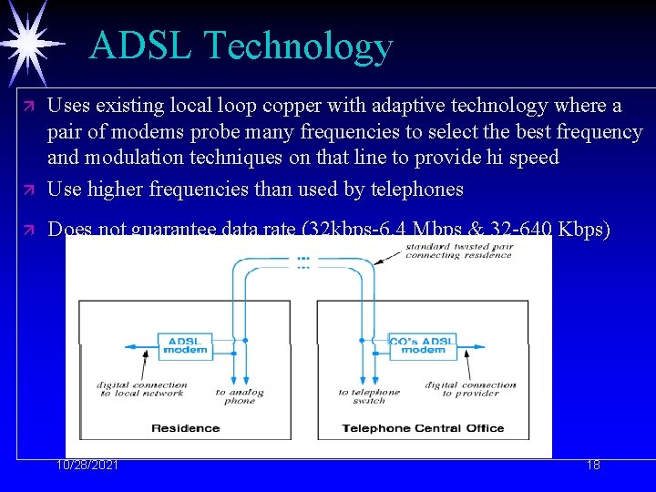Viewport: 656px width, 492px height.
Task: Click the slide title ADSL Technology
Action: click(241, 46)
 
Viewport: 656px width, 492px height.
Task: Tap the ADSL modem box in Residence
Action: click(185, 345)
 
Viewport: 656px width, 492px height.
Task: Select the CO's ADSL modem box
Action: click(422, 345)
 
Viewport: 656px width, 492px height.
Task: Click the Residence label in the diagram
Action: click(185, 428)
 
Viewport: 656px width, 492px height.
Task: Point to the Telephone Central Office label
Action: click(423, 428)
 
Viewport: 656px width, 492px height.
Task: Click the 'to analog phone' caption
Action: click(240, 396)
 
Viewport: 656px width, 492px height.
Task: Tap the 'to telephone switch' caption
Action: click(369, 396)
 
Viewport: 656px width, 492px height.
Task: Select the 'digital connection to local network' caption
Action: click(142, 389)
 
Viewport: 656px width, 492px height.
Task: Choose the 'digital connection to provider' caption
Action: click(470, 389)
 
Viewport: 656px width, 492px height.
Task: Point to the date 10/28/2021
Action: click(87, 465)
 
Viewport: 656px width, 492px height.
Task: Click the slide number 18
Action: click(593, 465)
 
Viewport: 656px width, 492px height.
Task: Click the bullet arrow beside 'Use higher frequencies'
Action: click(28, 190)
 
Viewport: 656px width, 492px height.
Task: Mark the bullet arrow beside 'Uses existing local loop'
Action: click(28, 107)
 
